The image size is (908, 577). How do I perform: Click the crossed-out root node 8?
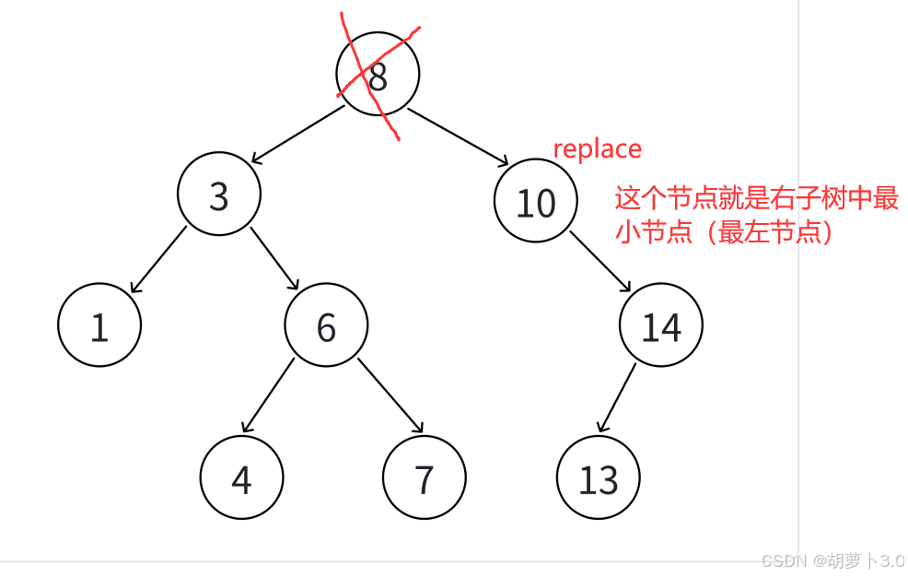(378, 75)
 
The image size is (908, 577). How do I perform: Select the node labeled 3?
(219, 195)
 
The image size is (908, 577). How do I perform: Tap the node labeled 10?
(535, 202)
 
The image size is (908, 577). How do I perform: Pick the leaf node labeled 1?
(99, 325)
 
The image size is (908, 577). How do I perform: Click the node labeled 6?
(326, 325)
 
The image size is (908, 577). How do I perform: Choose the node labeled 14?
(660, 325)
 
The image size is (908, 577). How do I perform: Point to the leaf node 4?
(241, 477)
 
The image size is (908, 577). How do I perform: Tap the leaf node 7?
(424, 477)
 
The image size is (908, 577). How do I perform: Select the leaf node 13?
(598, 478)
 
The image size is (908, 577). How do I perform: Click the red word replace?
(597, 148)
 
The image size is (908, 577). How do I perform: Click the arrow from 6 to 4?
(268, 394)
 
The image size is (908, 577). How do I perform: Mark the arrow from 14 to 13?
(618, 397)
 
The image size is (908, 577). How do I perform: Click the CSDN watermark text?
(832, 560)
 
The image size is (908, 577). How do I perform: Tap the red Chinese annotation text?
(755, 215)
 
